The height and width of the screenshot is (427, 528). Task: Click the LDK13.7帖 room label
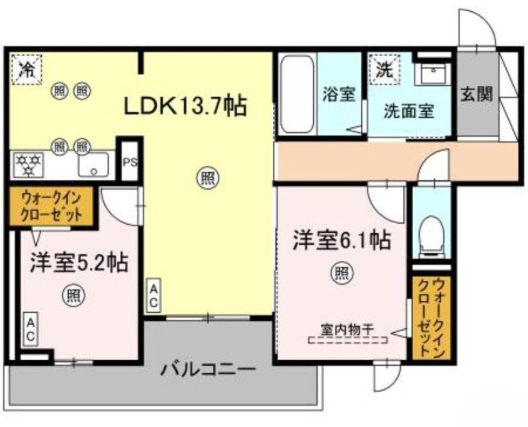tap(186, 106)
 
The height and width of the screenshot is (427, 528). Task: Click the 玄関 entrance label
tap(477, 94)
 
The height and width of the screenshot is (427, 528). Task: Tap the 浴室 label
tap(339, 95)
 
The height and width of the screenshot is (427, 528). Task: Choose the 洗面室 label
tap(408, 113)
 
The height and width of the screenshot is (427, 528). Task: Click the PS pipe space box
tap(130, 160)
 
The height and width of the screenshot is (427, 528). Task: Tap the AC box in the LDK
tap(154, 296)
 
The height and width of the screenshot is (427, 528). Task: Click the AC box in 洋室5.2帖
tap(29, 328)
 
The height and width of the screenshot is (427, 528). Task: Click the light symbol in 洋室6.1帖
tap(341, 273)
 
